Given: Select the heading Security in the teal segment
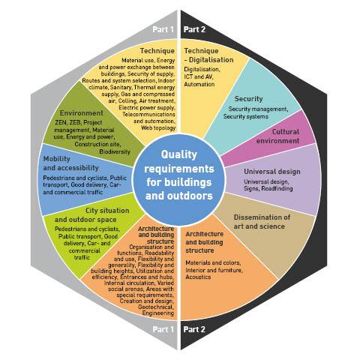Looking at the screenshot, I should click(248, 98).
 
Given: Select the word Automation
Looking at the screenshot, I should click(200, 84).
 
